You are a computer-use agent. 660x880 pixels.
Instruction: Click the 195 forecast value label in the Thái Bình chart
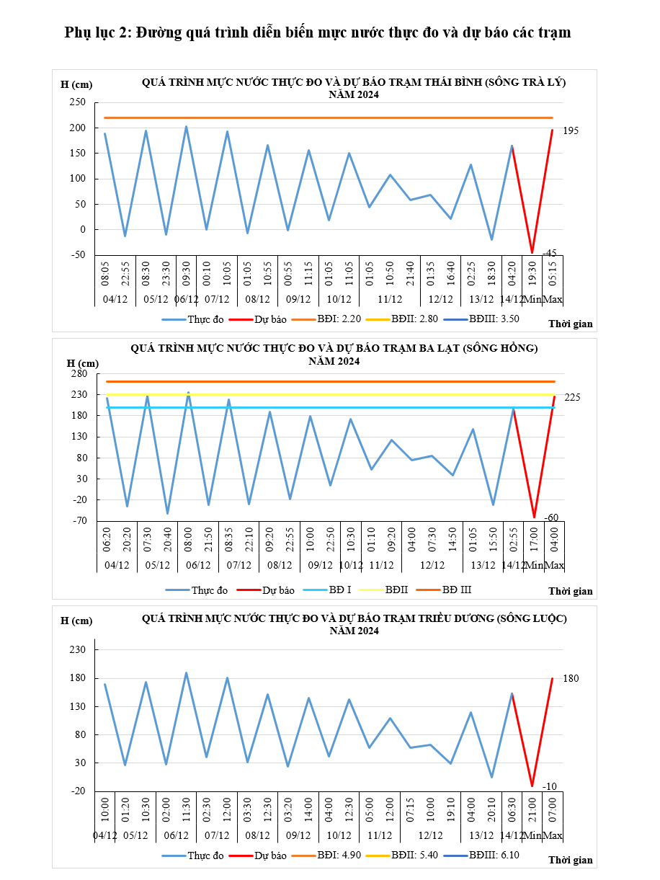570,130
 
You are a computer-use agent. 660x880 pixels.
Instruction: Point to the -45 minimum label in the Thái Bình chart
549,252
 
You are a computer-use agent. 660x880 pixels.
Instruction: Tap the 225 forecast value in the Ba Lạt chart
572,397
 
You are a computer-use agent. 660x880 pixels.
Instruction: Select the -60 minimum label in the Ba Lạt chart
551,517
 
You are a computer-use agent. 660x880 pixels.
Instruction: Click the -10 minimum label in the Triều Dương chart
549,786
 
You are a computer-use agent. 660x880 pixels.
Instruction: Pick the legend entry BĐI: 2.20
339,319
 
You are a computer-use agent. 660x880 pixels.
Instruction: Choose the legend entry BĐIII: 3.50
494,319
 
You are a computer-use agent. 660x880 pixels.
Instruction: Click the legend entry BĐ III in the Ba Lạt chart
456,590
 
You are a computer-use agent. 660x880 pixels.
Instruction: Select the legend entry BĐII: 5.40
414,855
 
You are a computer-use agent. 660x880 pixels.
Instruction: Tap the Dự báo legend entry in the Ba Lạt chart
278,590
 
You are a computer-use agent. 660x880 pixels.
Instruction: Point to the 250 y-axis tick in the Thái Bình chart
78,102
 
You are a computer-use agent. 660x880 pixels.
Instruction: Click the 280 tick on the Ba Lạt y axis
79,373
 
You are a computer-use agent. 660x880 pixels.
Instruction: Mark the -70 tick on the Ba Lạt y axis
80,520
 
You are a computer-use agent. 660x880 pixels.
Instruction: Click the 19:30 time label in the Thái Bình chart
532,273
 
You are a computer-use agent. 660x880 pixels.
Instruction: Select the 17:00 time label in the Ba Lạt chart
534,539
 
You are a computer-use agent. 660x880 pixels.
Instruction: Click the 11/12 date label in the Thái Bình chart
390,299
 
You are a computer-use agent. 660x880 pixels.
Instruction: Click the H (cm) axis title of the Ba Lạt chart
83,363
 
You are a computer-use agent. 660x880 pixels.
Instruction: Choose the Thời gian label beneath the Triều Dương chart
570,860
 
